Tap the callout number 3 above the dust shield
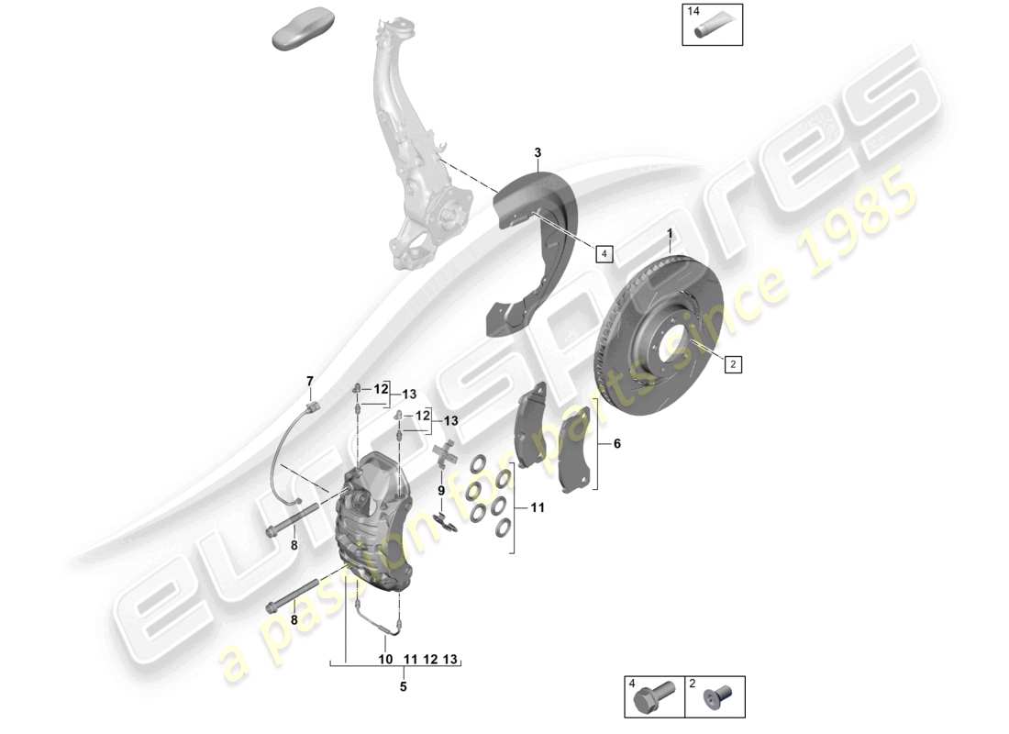538,152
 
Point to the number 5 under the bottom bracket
403,684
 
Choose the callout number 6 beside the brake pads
616,443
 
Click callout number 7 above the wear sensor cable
310,381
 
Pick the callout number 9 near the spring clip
440,491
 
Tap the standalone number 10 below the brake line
384,660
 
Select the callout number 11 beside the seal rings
538,507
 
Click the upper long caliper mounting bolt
289,520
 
